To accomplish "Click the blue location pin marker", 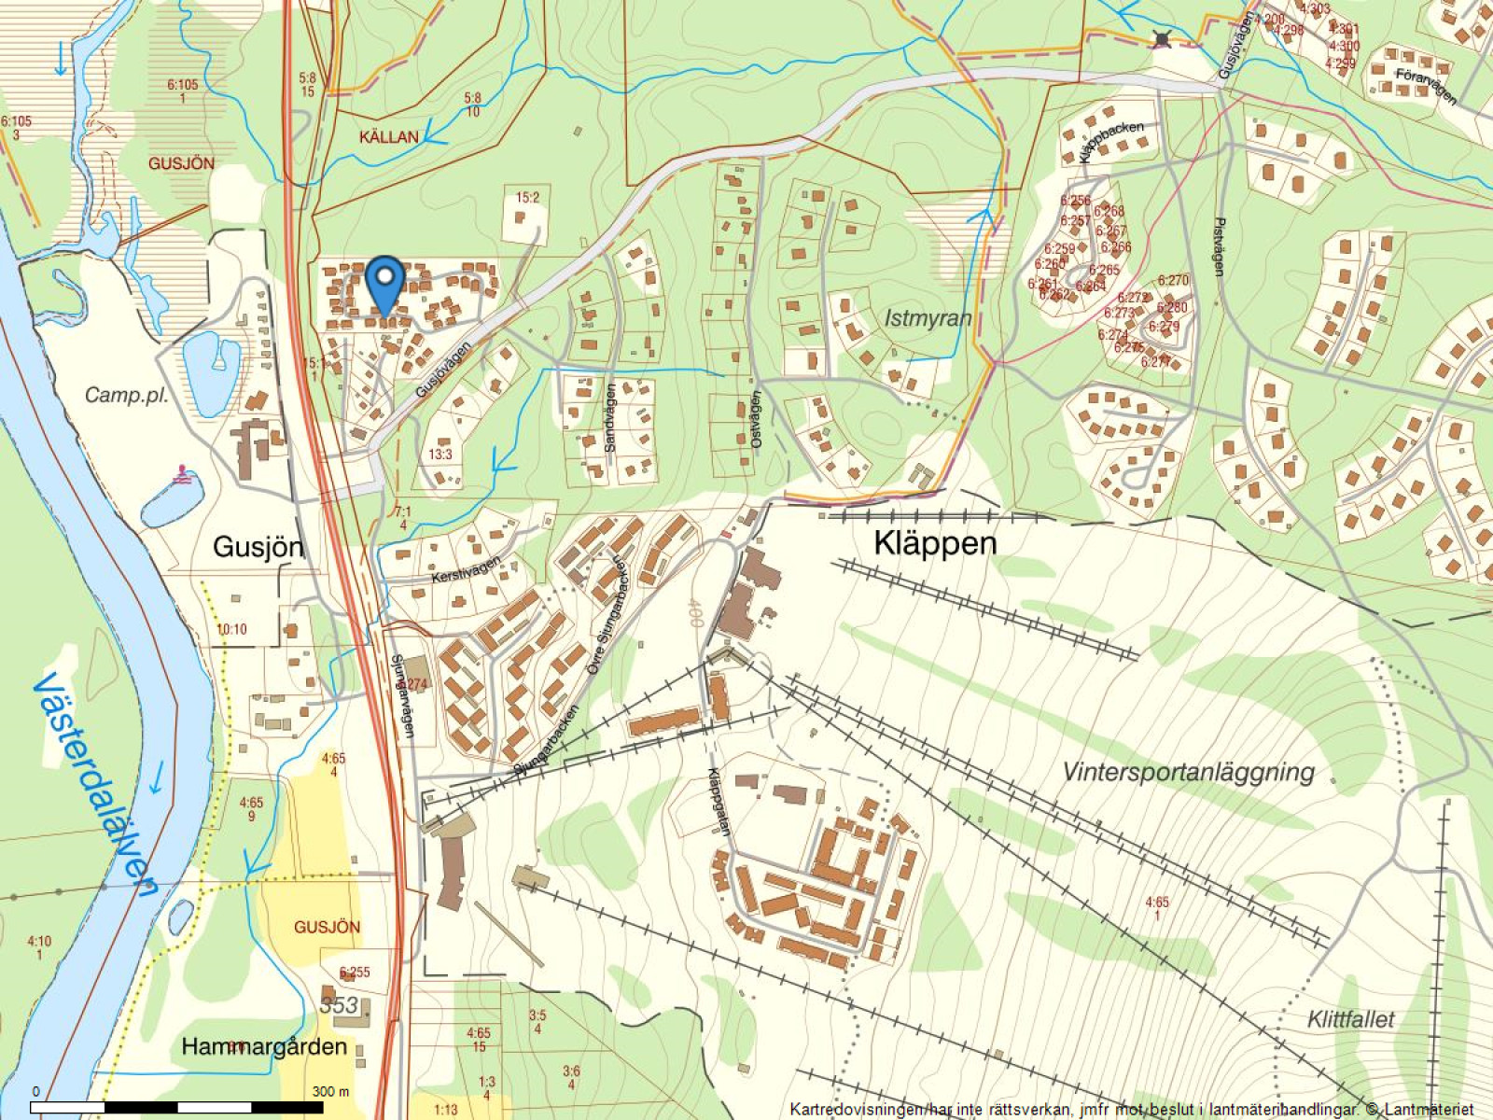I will point(384,279).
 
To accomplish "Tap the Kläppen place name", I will point(935,543).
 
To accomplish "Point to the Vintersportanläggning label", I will point(1188,772).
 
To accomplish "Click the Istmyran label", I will point(928,318).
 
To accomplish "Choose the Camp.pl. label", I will point(127,395).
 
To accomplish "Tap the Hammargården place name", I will point(264,1046).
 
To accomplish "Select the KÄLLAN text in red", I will point(389,137).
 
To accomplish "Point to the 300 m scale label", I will point(330,1091).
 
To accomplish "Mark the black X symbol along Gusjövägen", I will point(1161,38).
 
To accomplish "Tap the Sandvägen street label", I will point(610,419).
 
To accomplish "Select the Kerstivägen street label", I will point(467,570).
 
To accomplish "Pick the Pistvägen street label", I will point(1219,247).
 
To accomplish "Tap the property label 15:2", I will point(527,197).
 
